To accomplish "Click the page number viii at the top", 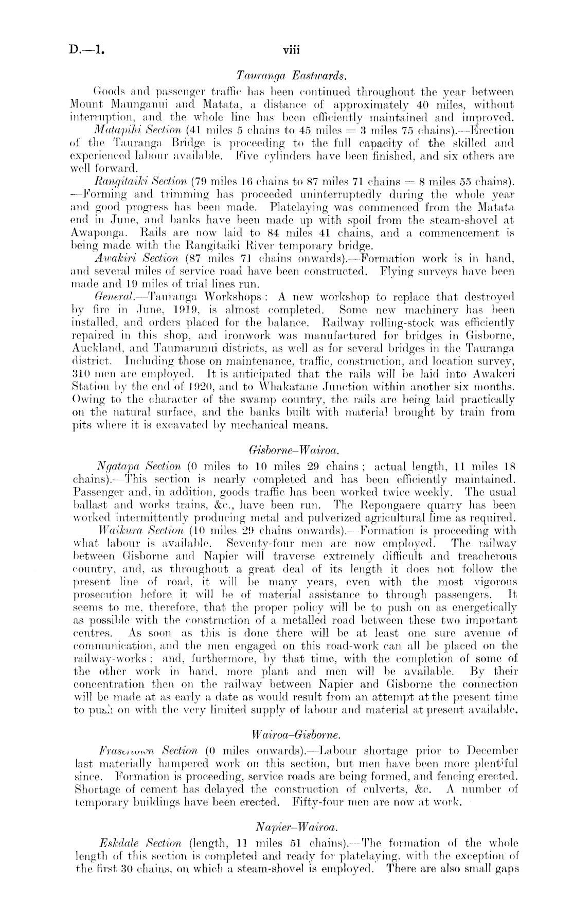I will (291, 50).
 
